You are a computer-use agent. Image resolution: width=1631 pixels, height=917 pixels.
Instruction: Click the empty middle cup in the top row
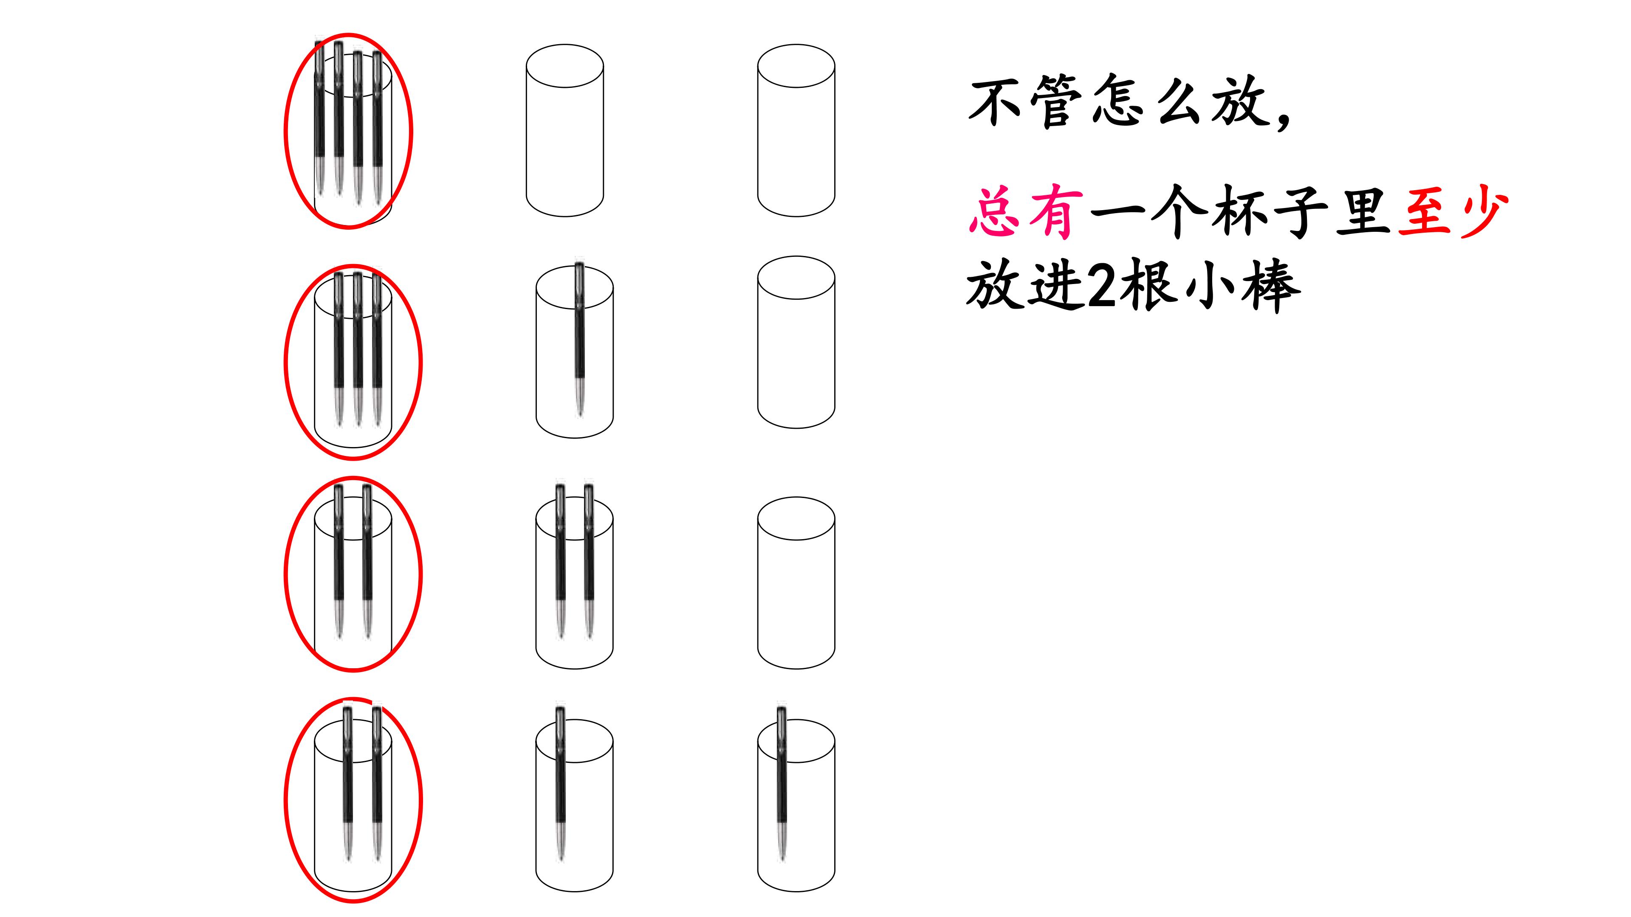pyautogui.click(x=565, y=130)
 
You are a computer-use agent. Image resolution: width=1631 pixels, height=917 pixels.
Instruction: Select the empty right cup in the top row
pyautogui.click(x=796, y=130)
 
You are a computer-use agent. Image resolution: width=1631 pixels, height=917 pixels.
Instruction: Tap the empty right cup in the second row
pyautogui.click(x=796, y=342)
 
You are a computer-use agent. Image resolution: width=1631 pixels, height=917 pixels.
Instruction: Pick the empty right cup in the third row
pyautogui.click(x=796, y=583)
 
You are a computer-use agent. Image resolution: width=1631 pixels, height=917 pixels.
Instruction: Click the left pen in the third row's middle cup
pyautogui.click(x=560, y=561)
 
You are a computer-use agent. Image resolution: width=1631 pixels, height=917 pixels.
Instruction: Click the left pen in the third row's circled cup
pyautogui.click(x=339, y=561)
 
